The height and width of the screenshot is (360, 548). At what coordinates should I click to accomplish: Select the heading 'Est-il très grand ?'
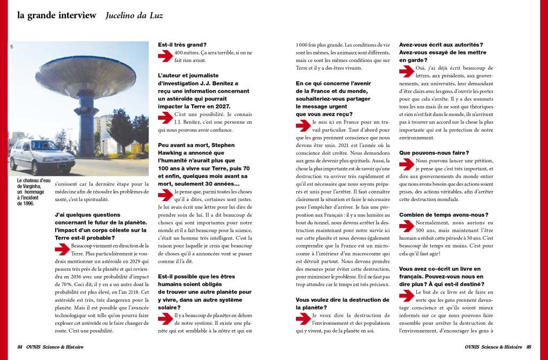click(182, 44)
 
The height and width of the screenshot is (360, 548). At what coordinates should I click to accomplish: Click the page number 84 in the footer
click(19, 347)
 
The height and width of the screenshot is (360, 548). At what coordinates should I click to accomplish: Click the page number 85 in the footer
click(528, 347)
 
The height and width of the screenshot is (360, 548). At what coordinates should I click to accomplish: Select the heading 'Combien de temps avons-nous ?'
click(444, 215)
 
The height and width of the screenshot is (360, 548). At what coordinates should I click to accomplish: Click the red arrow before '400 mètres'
click(165, 55)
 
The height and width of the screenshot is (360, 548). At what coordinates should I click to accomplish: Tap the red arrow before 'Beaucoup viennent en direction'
click(62, 247)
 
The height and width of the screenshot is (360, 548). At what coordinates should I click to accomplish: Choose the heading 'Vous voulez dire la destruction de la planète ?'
click(342, 303)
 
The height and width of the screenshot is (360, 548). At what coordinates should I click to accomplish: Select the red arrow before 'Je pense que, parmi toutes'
click(165, 194)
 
